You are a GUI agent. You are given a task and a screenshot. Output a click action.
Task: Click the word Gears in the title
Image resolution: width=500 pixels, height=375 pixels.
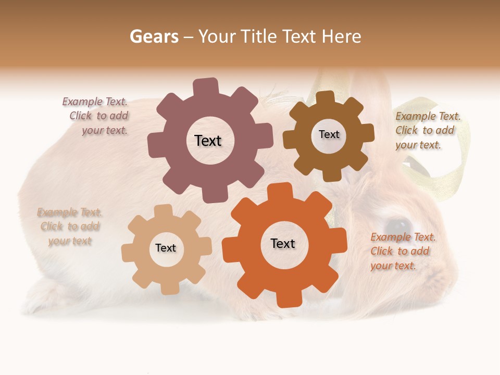click(x=154, y=36)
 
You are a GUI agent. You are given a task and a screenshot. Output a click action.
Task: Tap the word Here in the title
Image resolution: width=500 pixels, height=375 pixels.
click(x=342, y=36)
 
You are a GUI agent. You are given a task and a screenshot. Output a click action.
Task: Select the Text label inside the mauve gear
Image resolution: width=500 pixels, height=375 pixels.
click(x=208, y=141)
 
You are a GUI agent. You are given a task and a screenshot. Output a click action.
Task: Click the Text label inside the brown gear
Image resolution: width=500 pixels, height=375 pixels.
click(x=329, y=134)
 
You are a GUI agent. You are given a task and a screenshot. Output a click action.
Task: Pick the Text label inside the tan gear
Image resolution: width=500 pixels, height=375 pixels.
click(x=166, y=248)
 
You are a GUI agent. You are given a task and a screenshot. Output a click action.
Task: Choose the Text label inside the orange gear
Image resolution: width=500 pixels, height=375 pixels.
click(x=283, y=243)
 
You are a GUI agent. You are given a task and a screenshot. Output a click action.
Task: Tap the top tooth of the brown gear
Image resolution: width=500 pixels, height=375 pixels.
click(x=326, y=98)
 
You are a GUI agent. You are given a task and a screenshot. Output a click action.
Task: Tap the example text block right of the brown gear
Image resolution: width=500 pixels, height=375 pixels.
click(x=427, y=130)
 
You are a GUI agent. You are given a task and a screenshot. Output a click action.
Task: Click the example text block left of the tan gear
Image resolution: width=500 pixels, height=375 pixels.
click(x=70, y=227)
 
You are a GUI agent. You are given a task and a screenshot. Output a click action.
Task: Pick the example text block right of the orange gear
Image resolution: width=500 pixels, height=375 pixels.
click(x=402, y=251)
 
